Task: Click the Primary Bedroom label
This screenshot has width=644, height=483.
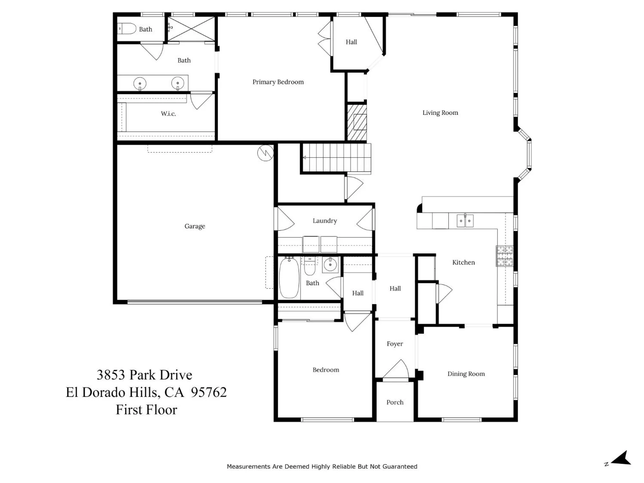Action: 278,82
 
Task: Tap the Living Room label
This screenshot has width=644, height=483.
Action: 440,113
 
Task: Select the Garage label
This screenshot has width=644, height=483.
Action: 194,226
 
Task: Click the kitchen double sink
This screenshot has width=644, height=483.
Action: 465,221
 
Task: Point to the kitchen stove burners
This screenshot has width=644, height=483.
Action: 504,256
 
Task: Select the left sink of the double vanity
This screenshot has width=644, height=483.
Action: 140,84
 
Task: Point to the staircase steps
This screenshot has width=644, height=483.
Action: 336,157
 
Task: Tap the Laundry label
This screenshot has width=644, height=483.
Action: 325,221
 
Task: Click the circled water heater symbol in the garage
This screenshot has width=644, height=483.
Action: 266,153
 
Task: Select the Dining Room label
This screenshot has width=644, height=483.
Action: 466,374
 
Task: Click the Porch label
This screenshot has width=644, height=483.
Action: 395,402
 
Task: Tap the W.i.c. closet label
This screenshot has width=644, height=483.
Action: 168,114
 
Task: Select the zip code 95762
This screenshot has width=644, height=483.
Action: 209,392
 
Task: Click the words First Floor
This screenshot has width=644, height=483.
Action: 146,410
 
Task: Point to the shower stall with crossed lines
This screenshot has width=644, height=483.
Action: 192,29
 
